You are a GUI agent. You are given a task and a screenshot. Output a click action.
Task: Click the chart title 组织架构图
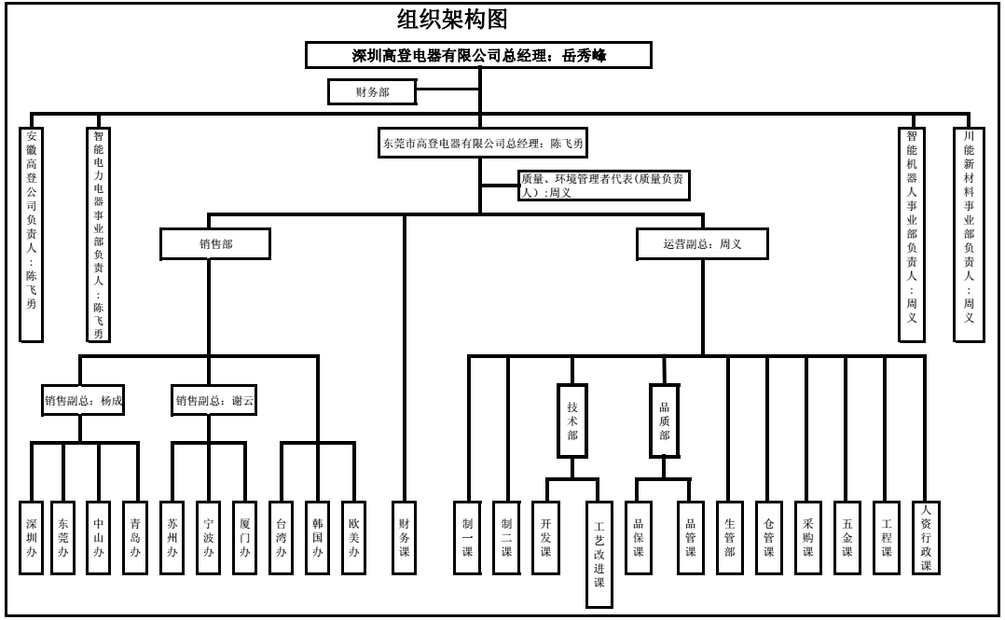452,19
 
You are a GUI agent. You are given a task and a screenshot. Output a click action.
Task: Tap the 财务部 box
372,91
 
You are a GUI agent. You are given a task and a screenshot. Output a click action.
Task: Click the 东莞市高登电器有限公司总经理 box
482,144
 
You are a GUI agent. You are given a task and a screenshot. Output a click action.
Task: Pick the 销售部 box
215,244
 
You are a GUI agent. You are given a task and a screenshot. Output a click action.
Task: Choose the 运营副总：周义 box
702,244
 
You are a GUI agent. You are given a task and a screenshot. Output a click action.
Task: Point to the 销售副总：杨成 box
83,401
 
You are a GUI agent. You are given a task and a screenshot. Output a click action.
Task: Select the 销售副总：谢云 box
214,401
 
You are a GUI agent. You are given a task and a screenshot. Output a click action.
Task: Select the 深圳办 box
32,537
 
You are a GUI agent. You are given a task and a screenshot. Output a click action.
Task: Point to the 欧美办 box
353,537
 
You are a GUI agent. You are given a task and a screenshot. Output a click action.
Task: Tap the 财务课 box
404,537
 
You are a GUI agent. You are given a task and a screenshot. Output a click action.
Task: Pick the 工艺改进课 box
599,555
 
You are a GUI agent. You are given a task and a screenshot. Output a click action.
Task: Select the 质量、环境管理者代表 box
603,186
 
